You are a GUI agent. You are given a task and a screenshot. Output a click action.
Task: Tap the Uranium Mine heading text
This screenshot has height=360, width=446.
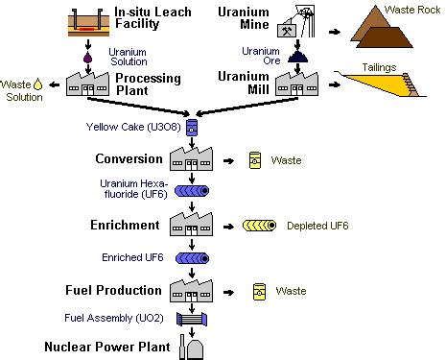click(245, 17)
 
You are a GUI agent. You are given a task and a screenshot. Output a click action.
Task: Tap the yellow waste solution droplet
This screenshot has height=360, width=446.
click(37, 84)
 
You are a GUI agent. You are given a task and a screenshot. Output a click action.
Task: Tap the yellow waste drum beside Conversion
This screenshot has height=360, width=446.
click(255, 159)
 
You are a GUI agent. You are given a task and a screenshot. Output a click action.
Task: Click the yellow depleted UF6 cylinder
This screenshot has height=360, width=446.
click(258, 227)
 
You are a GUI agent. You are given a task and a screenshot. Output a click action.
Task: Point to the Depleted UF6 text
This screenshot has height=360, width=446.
click(317, 227)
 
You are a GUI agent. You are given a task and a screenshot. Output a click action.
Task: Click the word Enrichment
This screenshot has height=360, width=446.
click(128, 224)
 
